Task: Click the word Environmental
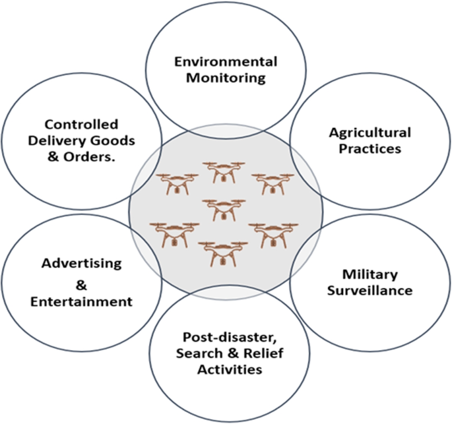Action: point(226,62)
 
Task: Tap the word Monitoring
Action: point(226,78)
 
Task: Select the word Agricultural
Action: point(370,133)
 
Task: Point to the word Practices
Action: point(370,149)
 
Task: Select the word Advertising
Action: point(82,263)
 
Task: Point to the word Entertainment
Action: point(82,302)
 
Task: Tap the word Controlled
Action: point(82,124)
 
